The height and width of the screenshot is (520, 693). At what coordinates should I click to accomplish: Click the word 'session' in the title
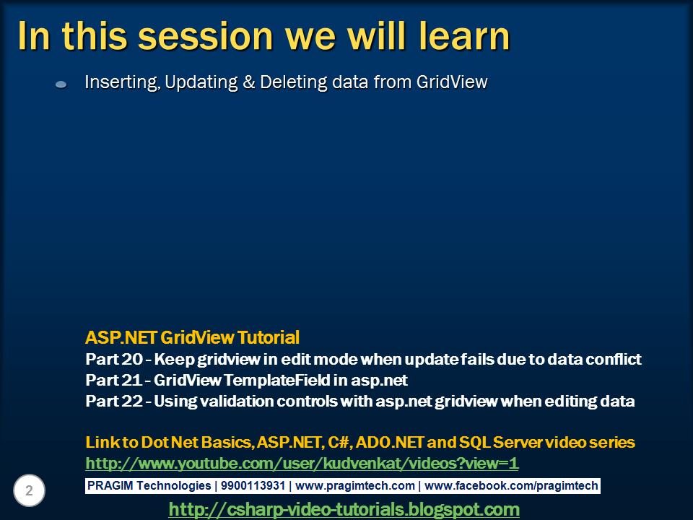206,37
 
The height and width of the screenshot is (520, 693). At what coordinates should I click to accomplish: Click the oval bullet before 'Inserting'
61,84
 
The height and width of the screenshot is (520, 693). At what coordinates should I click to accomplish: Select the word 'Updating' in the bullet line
201,82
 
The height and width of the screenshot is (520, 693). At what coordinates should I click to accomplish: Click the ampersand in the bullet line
249,82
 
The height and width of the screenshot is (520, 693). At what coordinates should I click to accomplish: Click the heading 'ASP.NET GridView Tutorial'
192,337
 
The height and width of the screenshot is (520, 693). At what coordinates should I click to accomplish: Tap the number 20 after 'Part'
131,359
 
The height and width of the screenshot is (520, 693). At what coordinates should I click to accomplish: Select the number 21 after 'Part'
131,380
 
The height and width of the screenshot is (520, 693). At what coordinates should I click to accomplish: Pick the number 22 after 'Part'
131,401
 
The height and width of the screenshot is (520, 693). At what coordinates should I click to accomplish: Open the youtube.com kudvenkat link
302,464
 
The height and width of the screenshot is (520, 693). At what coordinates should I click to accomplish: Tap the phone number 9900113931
253,485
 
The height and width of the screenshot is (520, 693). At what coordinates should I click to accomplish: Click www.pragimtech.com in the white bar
355,485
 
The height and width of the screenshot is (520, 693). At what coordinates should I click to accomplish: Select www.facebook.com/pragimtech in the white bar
511,485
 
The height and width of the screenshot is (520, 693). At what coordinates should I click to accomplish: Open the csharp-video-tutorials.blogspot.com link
344,509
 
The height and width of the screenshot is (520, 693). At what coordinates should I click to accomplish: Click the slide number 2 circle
29,490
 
